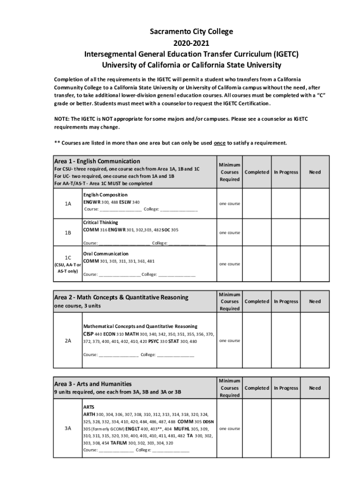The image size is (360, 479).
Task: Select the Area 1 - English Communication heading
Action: click(97, 161)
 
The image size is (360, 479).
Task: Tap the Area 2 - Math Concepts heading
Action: click(121, 297)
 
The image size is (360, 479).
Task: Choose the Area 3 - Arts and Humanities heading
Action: click(93, 384)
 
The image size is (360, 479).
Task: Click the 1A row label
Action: click(68, 203)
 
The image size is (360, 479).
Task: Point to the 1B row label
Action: click(68, 233)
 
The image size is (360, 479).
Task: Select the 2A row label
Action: click(68, 341)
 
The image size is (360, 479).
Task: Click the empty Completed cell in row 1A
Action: click(256, 203)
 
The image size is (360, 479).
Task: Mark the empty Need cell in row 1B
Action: click(315, 233)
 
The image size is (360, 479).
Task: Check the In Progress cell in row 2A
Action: click(286, 341)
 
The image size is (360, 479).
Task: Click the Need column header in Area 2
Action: click(315, 302)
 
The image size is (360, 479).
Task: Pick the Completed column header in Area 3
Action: click(257, 388)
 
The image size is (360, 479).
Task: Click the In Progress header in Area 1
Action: click(286, 172)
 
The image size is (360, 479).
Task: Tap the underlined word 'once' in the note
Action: click(220, 143)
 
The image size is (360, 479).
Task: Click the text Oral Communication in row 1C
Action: click(106, 254)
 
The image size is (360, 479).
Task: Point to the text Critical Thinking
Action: click(101, 223)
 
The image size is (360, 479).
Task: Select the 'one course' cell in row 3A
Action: click(230, 429)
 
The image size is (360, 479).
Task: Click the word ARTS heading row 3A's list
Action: click(89, 407)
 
